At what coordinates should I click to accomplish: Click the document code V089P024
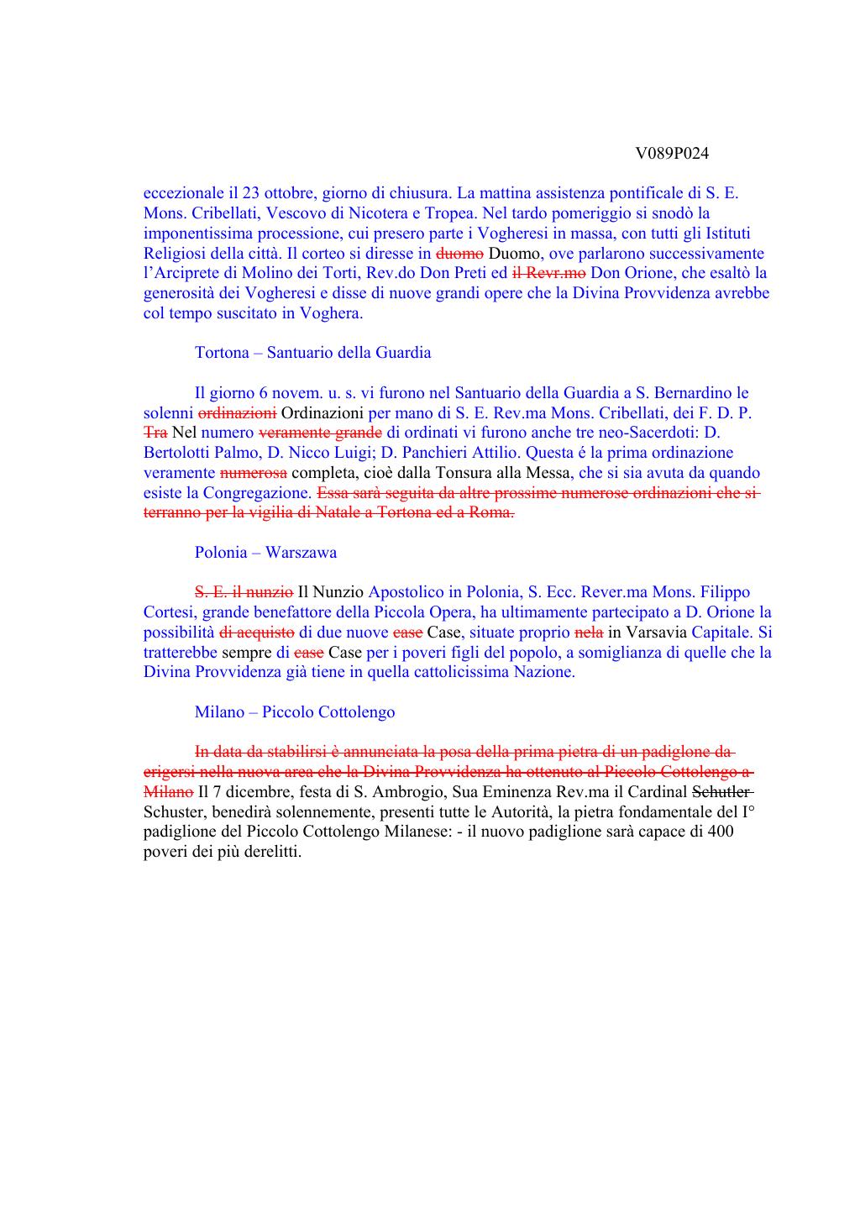coord(672,154)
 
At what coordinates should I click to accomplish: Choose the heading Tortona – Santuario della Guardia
coord(312,353)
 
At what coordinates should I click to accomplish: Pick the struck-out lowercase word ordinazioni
coord(237,413)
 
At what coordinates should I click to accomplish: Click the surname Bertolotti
coord(177,453)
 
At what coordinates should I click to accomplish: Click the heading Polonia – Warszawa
coord(265,553)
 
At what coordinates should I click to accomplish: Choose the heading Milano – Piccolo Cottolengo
coord(294,712)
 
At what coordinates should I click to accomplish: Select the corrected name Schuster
coord(174,812)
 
